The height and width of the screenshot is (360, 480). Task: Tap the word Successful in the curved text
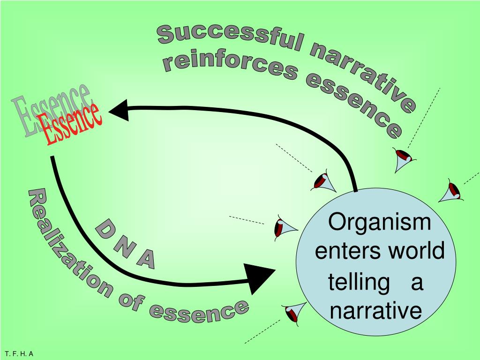[x=230, y=37]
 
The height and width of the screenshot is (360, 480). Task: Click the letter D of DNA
[x=104, y=231]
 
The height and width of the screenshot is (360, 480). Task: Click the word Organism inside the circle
[x=379, y=221]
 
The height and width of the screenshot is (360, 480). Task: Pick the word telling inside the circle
[x=359, y=283]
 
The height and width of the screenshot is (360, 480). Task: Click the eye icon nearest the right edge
[x=451, y=191]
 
